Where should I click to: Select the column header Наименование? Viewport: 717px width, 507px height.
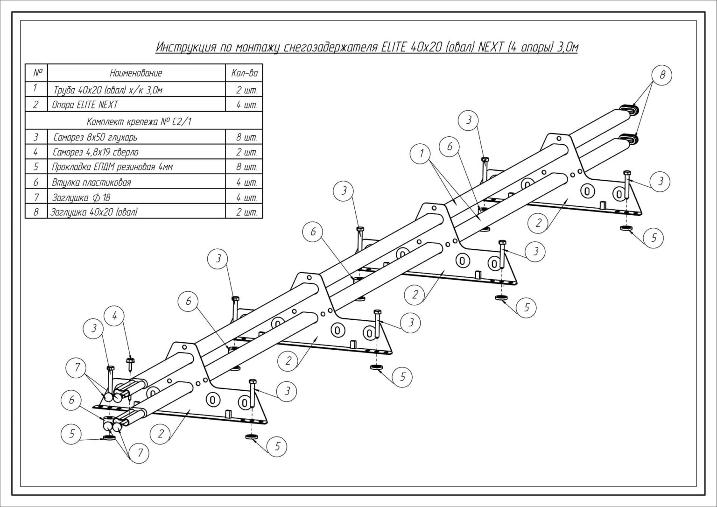pos(136,73)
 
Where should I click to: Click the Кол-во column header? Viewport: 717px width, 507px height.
pos(244,73)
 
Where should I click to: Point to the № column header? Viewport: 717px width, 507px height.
pos(38,73)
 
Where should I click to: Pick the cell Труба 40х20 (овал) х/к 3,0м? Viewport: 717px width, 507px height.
pos(108,90)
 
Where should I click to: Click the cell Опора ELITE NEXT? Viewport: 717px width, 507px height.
pos(85,105)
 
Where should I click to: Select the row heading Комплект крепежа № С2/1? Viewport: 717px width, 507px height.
pos(139,122)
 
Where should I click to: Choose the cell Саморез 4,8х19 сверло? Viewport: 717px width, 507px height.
pos(95,152)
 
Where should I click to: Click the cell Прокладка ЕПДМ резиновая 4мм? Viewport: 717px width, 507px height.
pos(112,167)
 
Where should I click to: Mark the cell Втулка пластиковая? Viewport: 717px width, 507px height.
pos(91,183)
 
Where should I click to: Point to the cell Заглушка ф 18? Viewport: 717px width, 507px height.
pos(81,197)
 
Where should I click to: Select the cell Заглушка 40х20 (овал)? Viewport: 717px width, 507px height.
pos(94,212)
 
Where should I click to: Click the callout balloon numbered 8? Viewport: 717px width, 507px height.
pos(662,75)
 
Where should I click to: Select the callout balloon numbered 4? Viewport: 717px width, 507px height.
pos(115,317)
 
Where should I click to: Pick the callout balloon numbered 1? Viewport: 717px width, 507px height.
pos(422,154)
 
